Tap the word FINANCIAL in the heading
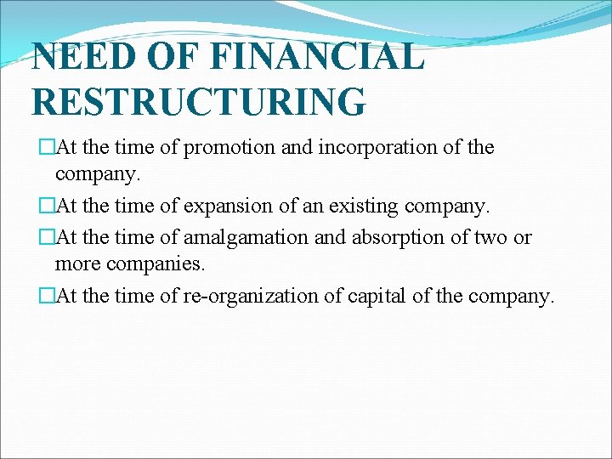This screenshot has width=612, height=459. [x=319, y=57]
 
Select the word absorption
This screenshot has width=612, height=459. [x=387, y=237]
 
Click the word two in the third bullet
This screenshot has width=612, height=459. [x=488, y=237]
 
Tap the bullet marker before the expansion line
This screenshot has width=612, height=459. [x=47, y=207]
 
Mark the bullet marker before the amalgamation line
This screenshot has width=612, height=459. [x=47, y=237]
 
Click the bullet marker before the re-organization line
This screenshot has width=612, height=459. [x=47, y=296]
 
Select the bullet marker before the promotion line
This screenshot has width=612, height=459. [x=47, y=148]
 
